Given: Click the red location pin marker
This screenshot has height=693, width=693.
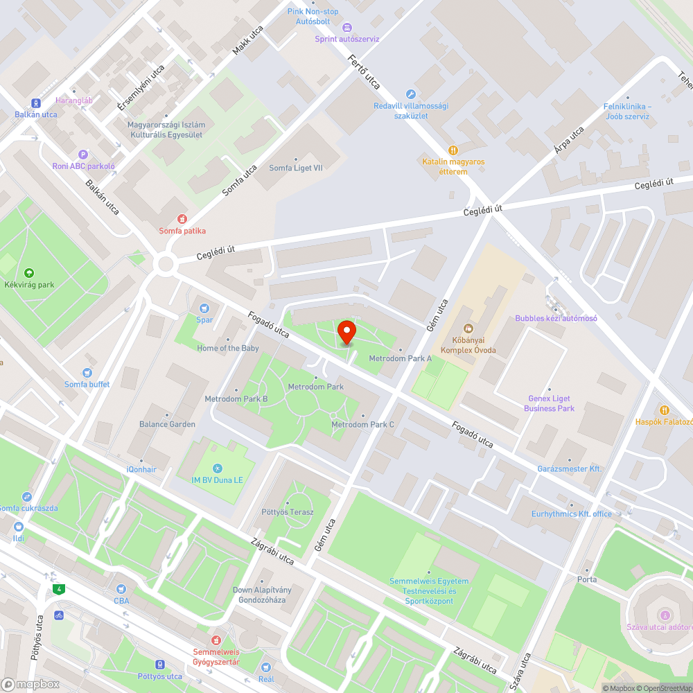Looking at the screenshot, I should coord(346,332).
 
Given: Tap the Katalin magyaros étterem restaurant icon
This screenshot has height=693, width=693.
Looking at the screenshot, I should coord(453,150).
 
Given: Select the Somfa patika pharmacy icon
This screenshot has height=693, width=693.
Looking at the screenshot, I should coord(182,219).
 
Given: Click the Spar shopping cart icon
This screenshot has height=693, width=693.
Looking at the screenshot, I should coord(204,308).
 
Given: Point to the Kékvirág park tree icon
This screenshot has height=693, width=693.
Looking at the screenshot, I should coord(28,273).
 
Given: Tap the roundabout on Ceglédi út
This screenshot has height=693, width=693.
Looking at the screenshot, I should coord(166,263).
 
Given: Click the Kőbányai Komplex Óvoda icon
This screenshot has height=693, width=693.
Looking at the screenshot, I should coord(468,328).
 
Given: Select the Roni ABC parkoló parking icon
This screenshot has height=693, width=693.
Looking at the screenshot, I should coord(83,155).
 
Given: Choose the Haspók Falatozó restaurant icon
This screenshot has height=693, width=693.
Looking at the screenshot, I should coord(665,410).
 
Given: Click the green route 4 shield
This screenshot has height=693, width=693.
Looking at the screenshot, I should coord(60,589).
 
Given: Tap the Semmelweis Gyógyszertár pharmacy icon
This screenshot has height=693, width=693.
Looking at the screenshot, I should coord(216,640).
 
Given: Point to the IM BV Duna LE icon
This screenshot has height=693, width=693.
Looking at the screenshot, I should coord(218,468).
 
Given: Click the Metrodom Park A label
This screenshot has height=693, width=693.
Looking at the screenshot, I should coord(400,358).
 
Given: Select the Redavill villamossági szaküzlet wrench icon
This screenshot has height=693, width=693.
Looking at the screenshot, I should coord(410,94).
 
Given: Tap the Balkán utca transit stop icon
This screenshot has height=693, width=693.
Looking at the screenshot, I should coord(36,103).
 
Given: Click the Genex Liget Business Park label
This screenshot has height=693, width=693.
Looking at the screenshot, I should coord(549,403).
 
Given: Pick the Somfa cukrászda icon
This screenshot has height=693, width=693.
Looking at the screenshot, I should coord(26,497).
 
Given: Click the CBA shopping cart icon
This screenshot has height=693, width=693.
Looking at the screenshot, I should coord(121,589).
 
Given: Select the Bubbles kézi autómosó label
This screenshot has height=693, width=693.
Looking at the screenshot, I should coord(556,318).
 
